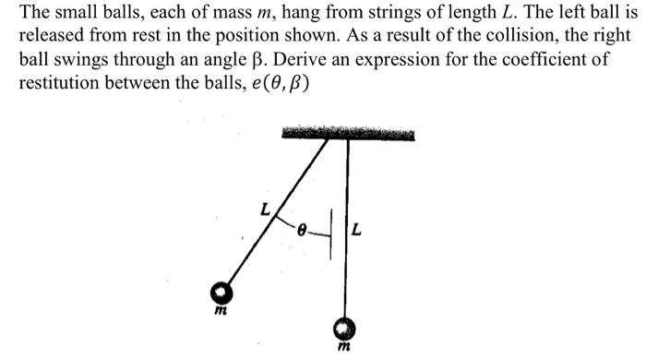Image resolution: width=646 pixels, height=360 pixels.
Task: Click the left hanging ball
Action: tap(222, 293)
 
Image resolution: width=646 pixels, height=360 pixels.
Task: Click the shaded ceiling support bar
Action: tap(347, 135)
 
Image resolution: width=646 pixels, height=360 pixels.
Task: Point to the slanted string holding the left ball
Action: tap(277, 212)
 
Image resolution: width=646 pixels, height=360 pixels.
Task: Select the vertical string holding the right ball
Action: tap(347, 231)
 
